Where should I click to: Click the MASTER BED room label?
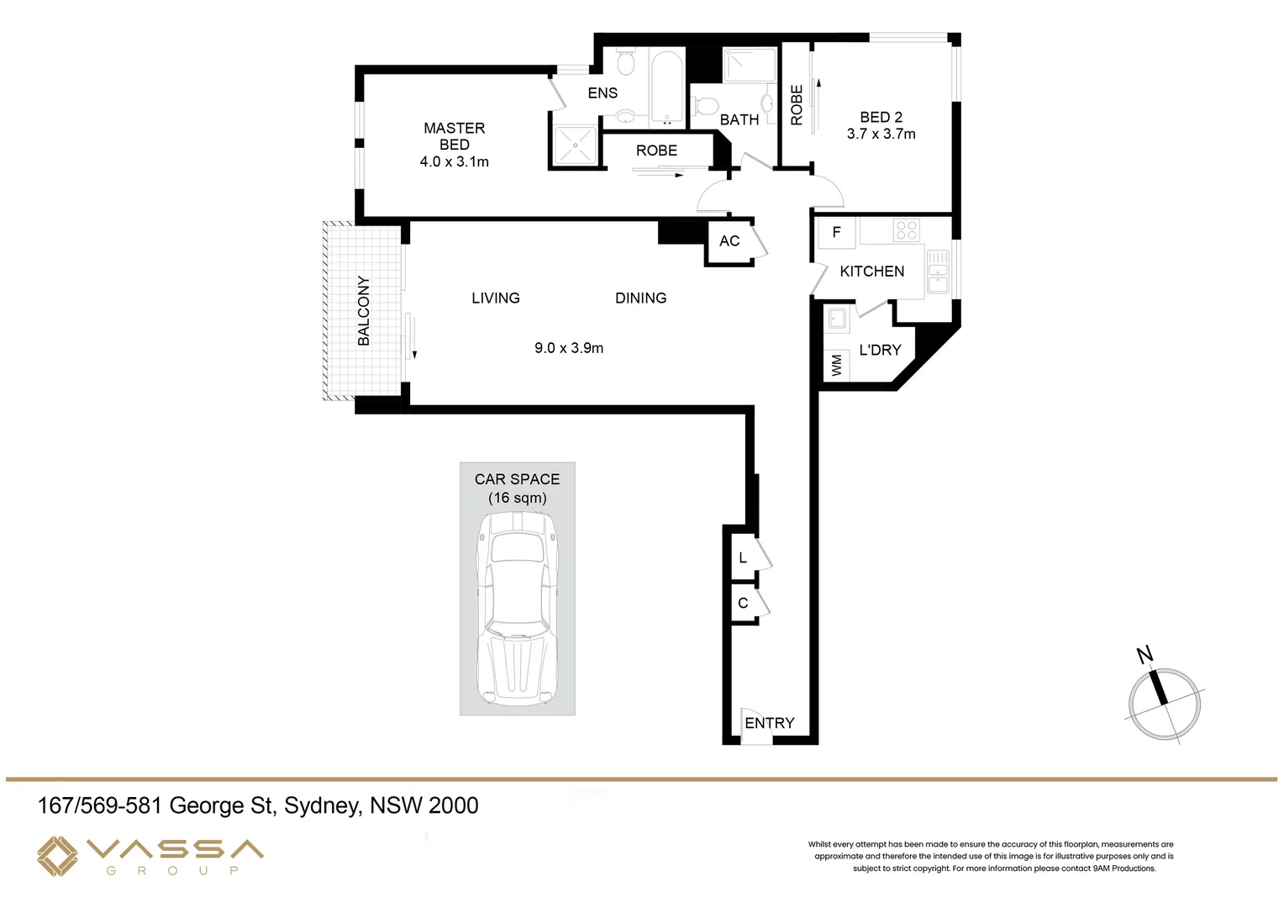pos(454,136)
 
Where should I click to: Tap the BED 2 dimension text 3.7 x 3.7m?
pos(881,134)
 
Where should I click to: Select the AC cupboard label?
pos(729,241)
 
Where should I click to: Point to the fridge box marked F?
pos(836,233)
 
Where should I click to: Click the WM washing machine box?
pos(836,366)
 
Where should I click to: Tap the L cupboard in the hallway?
pos(743,558)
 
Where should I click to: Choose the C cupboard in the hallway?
pos(743,604)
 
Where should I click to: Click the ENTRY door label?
pos(769,723)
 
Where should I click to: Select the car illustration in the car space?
pos(517,610)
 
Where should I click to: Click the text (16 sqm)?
pos(517,498)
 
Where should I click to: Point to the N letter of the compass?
pos(1145,654)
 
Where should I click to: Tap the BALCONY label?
pos(364,310)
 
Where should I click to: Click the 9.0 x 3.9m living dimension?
pos(569,348)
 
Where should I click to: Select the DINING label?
pos(640,298)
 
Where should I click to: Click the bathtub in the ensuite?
pos(668,88)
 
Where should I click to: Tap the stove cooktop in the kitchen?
pos(906,230)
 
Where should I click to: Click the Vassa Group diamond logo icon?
pos(57,856)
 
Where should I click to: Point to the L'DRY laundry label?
pos(880,350)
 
